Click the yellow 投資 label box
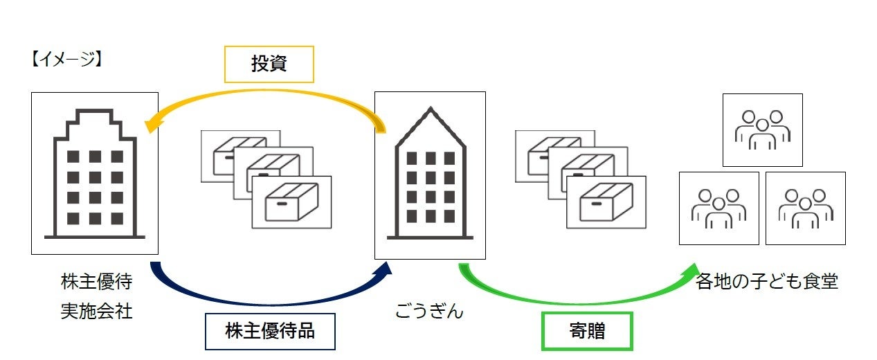tap(269, 64)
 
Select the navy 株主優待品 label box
tap(270, 330)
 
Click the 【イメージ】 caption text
tap(66, 60)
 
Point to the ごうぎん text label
tap(429, 311)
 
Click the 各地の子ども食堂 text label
tap(767, 282)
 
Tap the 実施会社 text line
tap(96, 312)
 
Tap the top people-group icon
tap(762, 130)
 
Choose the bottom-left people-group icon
tap(718, 208)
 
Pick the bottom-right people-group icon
tap(806, 208)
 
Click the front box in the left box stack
tap(291, 202)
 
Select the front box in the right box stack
tap(606, 202)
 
